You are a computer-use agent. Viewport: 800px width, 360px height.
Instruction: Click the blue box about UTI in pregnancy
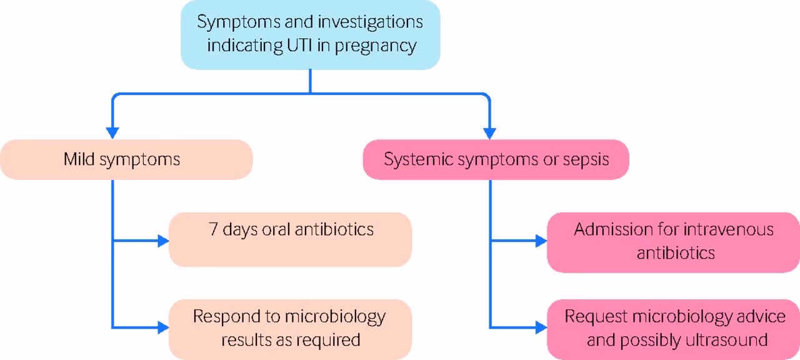pyautogui.click(x=310, y=34)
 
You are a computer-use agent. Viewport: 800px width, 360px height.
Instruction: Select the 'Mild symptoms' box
pyautogui.click(x=126, y=159)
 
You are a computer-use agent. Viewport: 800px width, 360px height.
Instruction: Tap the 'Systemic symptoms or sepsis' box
pyautogui.click(x=496, y=159)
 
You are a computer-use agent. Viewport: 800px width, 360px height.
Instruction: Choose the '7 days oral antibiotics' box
pyautogui.click(x=291, y=239)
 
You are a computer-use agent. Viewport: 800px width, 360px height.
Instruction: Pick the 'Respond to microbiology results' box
pyautogui.click(x=291, y=328)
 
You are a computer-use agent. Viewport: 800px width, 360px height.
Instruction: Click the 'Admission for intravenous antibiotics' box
pyautogui.click(x=673, y=242)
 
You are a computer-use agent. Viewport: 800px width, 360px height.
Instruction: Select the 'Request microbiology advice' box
pyautogui.click(x=673, y=328)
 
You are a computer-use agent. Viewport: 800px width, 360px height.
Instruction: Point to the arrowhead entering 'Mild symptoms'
pyautogui.click(x=112, y=132)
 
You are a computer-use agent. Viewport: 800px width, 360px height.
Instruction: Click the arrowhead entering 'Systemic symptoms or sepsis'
pyautogui.click(x=489, y=132)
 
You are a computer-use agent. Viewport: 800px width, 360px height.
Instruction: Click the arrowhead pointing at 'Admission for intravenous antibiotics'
pyautogui.click(x=541, y=241)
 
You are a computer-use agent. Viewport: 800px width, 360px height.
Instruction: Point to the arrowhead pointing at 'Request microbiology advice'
pyautogui.click(x=541, y=327)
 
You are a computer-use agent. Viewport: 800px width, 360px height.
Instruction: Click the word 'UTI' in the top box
pyautogui.click(x=305, y=46)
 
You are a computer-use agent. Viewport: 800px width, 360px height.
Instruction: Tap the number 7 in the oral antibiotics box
pyautogui.click(x=213, y=229)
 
